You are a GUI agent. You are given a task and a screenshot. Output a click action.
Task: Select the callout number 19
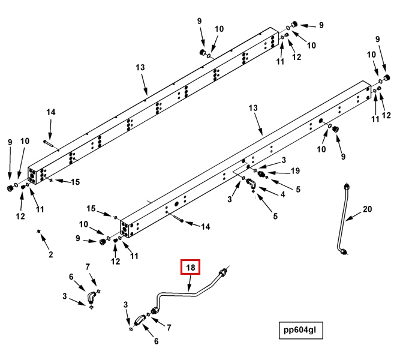tap(295, 171)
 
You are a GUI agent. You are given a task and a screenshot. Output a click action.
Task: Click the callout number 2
tap(50, 254)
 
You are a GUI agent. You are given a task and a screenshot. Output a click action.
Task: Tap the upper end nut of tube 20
tap(346, 186)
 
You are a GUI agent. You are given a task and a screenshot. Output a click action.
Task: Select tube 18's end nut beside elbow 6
tap(155, 310)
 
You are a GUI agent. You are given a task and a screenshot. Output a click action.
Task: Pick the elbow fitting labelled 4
tap(251, 185)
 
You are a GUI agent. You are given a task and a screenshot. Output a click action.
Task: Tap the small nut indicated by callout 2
tap(39, 231)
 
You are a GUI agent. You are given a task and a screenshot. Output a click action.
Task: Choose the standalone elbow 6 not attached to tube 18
tap(91, 296)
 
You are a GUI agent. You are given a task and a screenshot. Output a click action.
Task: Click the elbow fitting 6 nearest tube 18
tap(140, 320)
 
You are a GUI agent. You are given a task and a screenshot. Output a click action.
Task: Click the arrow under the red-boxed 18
tap(191, 283)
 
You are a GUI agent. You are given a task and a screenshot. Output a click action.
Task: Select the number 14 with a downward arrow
tap(51, 112)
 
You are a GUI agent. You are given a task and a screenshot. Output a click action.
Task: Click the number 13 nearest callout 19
tap(252, 107)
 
